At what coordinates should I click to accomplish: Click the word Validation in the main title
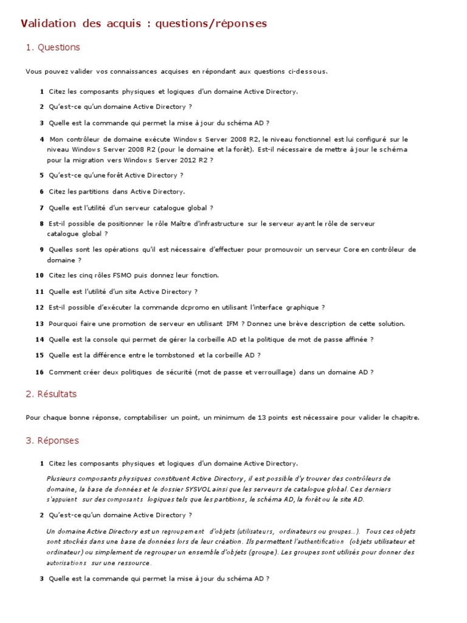tap(46, 24)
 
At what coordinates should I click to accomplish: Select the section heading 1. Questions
tap(53, 47)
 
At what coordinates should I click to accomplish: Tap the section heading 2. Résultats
tap(51, 394)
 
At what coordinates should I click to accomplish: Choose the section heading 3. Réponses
tap(52, 440)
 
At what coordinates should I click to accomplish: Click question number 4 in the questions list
tap(41, 139)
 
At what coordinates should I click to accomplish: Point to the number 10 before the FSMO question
tap(40, 276)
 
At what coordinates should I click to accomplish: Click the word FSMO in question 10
tap(122, 276)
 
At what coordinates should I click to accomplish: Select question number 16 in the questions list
tap(40, 372)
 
